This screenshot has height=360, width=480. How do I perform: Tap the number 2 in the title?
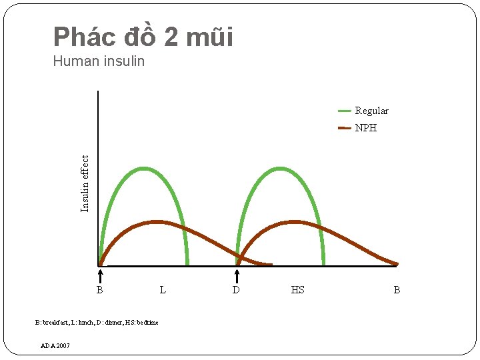[x=171, y=37]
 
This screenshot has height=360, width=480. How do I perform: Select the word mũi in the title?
[x=211, y=37]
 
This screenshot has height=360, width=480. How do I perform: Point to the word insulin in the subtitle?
[x=124, y=62]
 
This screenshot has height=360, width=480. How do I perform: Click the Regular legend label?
[x=371, y=111]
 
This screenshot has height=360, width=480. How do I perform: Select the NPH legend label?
[x=365, y=127]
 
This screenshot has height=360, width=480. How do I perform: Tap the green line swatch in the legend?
[x=345, y=111]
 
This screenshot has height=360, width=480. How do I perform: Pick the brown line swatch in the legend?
[x=345, y=127]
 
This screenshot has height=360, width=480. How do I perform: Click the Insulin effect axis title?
[x=85, y=183]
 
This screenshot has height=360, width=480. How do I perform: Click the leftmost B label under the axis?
[x=99, y=290]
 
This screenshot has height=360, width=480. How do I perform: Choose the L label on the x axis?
[x=163, y=290]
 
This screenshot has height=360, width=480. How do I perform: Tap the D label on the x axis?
[x=236, y=290]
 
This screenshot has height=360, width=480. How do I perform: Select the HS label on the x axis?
[x=297, y=290]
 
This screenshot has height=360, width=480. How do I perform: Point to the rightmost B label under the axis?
[x=397, y=290]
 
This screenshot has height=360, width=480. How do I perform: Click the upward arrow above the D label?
[x=237, y=275]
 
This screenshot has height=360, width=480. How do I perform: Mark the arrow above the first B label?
[x=99, y=275]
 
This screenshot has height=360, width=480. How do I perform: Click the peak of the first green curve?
[x=145, y=169]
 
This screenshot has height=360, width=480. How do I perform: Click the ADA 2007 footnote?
[x=55, y=345]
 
